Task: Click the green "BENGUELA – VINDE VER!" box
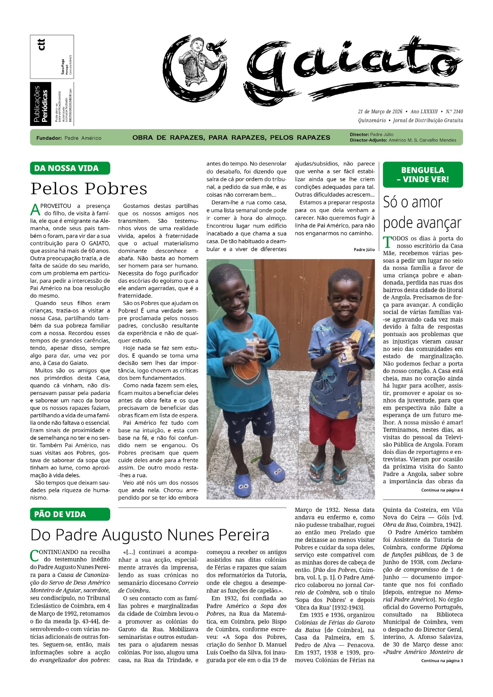click(x=423, y=175)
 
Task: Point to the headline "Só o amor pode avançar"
click(x=422, y=212)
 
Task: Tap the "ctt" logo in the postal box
click(x=42, y=44)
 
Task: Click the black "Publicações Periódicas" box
click(x=41, y=104)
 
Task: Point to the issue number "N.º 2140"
click(x=454, y=111)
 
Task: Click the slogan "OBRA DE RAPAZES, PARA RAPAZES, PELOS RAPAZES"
click(x=231, y=138)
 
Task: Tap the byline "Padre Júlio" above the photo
click(x=364, y=249)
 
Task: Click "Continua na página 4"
click(x=442, y=490)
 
